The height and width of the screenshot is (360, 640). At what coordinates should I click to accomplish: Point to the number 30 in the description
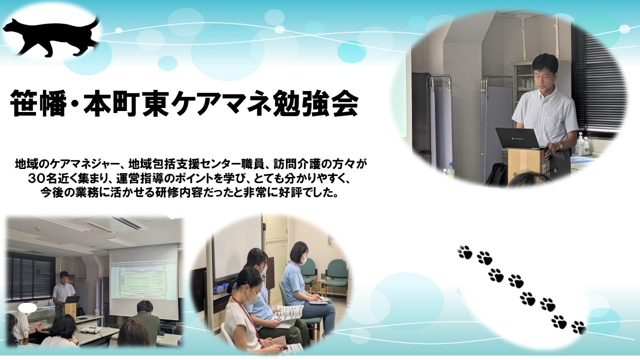37,179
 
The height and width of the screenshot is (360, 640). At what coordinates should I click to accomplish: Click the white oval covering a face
27,307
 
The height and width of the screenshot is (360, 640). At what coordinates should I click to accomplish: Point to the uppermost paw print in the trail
465,252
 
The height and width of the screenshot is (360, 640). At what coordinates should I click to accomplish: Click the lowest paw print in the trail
579,327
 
